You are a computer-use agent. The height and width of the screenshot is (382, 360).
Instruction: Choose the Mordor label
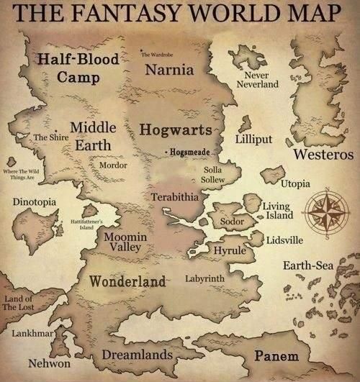pyautogui.click(x=112, y=165)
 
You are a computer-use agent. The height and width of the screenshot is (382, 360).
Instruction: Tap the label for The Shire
pyautogui.click(x=50, y=137)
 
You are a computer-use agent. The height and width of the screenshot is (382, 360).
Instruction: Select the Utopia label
pyautogui.click(x=294, y=183)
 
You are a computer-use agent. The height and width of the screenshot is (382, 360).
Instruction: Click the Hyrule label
pyautogui.click(x=230, y=250)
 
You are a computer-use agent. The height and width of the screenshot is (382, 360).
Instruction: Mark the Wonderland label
pyautogui.click(x=127, y=280)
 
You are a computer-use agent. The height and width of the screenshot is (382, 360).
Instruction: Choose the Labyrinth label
pyautogui.click(x=204, y=278)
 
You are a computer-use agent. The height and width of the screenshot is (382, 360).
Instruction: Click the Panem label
pyautogui.click(x=271, y=356)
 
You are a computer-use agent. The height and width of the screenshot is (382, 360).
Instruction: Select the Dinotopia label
pyautogui.click(x=35, y=202)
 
